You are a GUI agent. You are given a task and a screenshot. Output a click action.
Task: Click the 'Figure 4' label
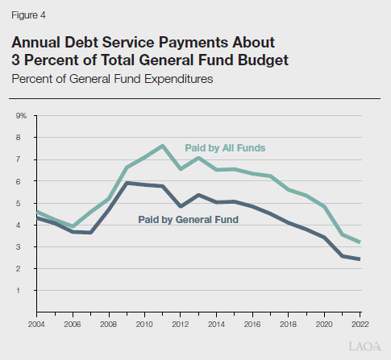pos(28,15)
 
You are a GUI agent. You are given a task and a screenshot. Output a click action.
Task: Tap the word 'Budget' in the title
pos(263,60)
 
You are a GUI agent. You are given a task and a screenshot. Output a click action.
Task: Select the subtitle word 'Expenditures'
pos(178,79)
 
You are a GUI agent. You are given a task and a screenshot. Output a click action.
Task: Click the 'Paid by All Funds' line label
pos(225,148)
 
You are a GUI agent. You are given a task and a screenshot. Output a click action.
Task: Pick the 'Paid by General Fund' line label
pos(188,220)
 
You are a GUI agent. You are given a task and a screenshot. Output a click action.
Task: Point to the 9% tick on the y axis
pos(21,116)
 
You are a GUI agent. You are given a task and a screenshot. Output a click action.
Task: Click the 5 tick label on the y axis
pos(18,203)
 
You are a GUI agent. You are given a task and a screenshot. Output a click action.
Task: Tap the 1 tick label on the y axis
pos(18,290)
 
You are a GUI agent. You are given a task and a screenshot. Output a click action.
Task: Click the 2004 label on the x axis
pos(36,325)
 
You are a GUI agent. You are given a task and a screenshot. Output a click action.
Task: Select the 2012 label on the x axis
pos(181,325)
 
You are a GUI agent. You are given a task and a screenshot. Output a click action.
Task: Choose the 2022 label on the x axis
pos(360,325)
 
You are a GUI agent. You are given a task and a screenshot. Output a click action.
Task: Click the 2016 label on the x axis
pos(252,325)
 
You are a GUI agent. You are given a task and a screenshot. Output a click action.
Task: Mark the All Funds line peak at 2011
pos(162,146)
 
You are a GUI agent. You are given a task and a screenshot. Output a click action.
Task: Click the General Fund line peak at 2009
pos(127,183)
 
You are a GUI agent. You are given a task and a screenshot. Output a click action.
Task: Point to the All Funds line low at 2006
pos(73,226)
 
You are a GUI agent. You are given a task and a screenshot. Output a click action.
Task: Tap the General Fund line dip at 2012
pos(181,206)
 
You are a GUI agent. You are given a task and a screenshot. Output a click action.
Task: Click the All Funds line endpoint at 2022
pos(360,242)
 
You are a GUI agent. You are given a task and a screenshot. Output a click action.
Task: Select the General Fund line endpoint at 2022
pos(360,259)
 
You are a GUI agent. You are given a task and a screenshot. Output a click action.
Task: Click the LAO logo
pos(365,346)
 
